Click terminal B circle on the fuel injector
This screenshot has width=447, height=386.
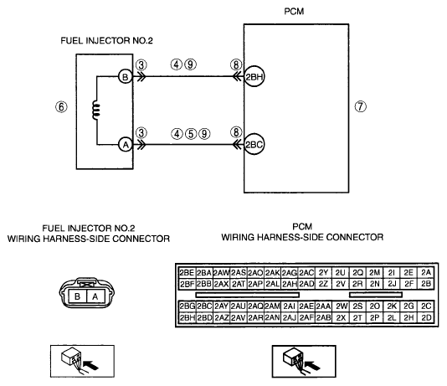[x=126, y=77]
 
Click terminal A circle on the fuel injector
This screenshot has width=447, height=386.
[x=126, y=145]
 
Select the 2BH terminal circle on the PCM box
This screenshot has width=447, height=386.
[x=254, y=76]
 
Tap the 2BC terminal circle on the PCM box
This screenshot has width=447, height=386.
[x=254, y=145]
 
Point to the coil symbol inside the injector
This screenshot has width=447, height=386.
[x=96, y=110]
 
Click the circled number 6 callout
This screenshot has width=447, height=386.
[x=61, y=107]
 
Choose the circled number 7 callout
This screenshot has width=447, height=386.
[x=360, y=106]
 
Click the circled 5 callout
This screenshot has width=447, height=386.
[x=191, y=134]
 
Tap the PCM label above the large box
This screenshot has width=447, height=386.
[x=294, y=12]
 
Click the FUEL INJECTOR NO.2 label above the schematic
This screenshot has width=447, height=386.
[x=106, y=41]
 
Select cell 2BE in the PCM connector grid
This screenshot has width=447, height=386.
[x=187, y=273]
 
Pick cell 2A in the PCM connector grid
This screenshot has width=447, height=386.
[x=426, y=273]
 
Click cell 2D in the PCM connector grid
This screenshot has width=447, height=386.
[x=426, y=317]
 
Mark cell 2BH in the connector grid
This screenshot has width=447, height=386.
[x=187, y=317]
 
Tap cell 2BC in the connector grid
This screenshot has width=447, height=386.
[x=204, y=306]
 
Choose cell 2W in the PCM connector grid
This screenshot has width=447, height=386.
[x=341, y=306]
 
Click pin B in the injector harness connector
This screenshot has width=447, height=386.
[x=77, y=296]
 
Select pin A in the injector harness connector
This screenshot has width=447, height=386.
[x=95, y=296]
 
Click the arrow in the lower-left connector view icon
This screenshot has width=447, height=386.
[x=91, y=364]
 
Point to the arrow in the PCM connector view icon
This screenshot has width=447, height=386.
[x=313, y=365]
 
